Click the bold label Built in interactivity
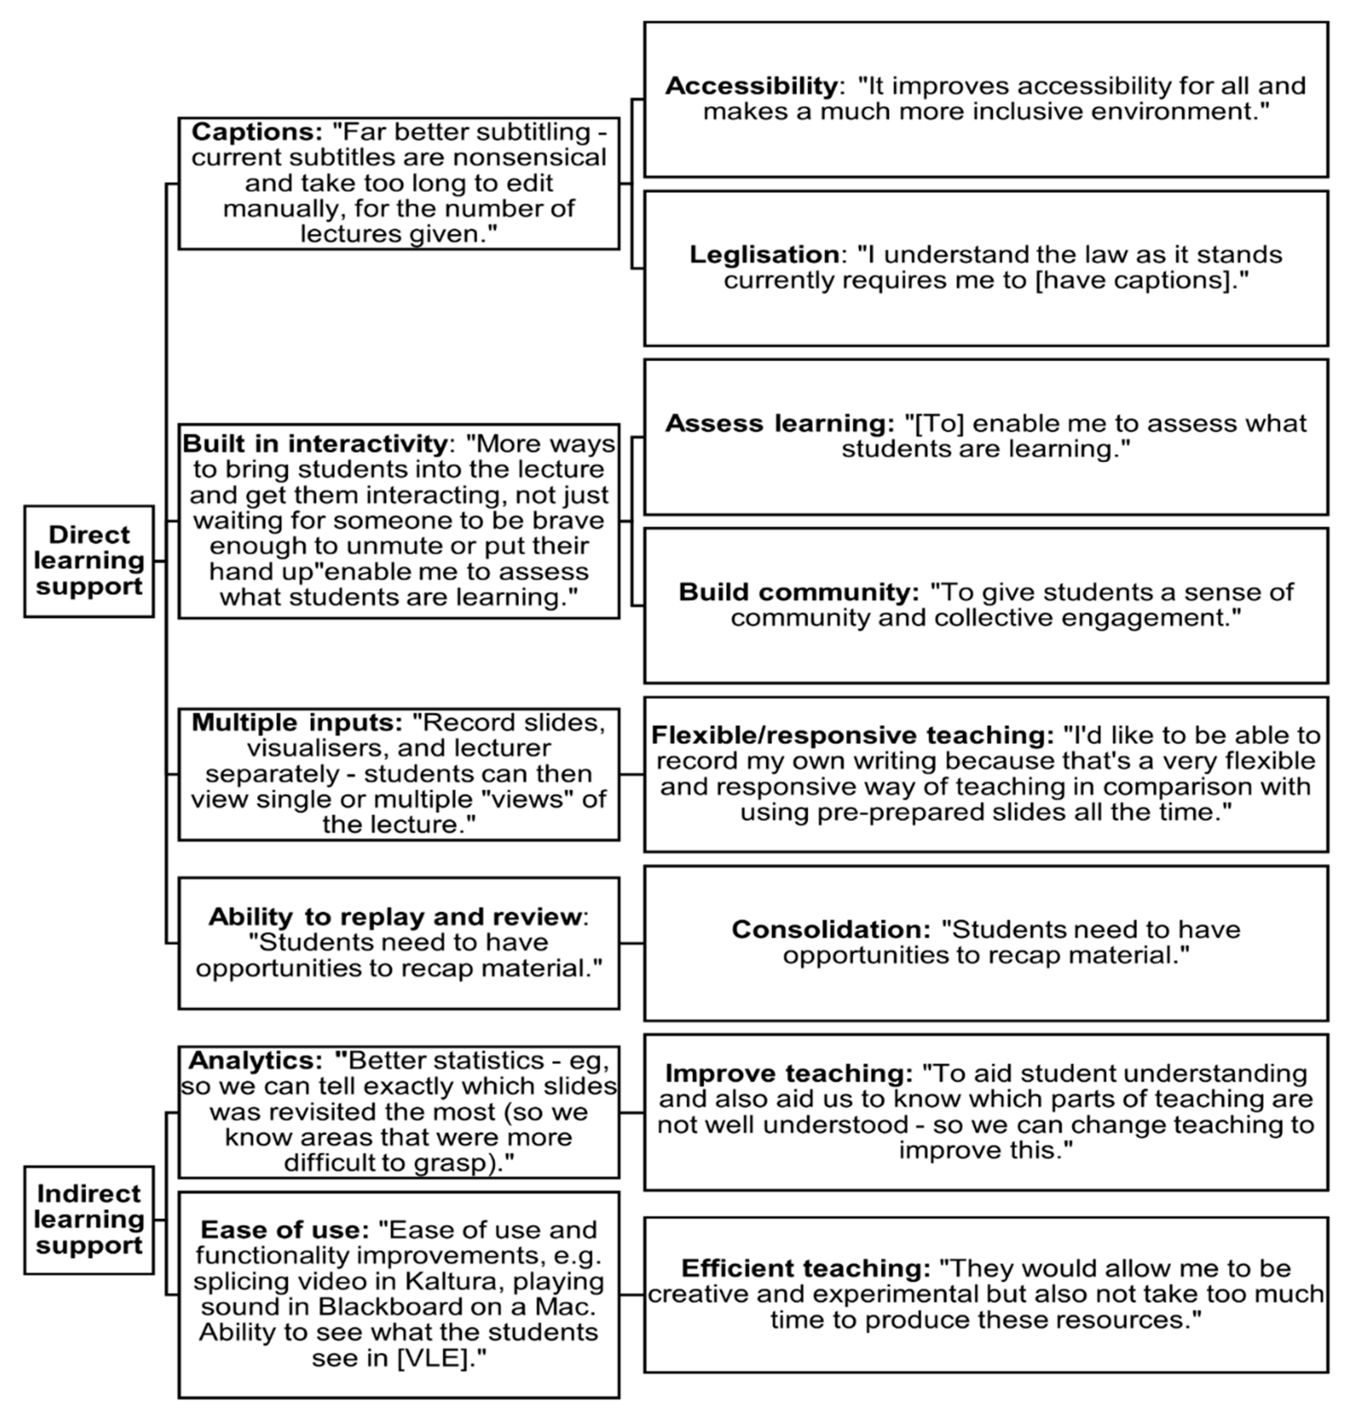coord(315,444)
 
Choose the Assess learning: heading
coord(779,423)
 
